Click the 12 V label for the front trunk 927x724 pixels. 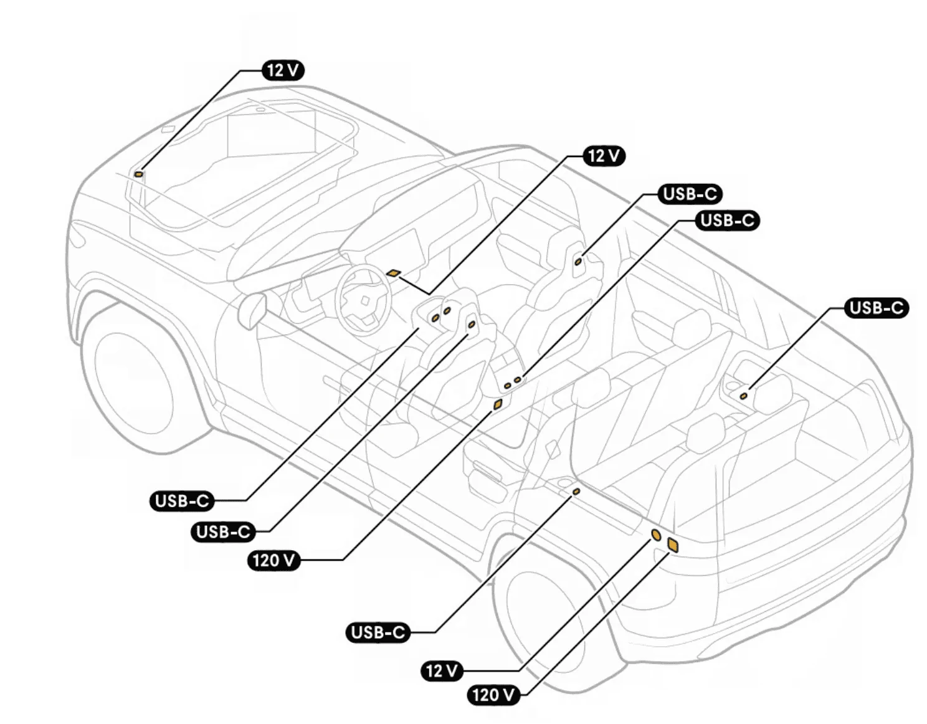point(283,70)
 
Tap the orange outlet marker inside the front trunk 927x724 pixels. point(139,174)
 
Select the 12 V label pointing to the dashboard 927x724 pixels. point(604,156)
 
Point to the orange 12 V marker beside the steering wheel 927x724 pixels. point(393,274)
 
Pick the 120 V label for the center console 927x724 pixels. point(274,560)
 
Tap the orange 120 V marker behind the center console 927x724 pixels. point(498,404)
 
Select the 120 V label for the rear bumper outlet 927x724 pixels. point(494,695)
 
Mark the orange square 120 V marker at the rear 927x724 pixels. point(672,545)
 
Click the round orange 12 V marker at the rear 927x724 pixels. point(656,535)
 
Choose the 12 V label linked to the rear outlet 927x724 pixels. point(442,670)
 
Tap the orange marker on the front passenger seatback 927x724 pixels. point(578,262)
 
